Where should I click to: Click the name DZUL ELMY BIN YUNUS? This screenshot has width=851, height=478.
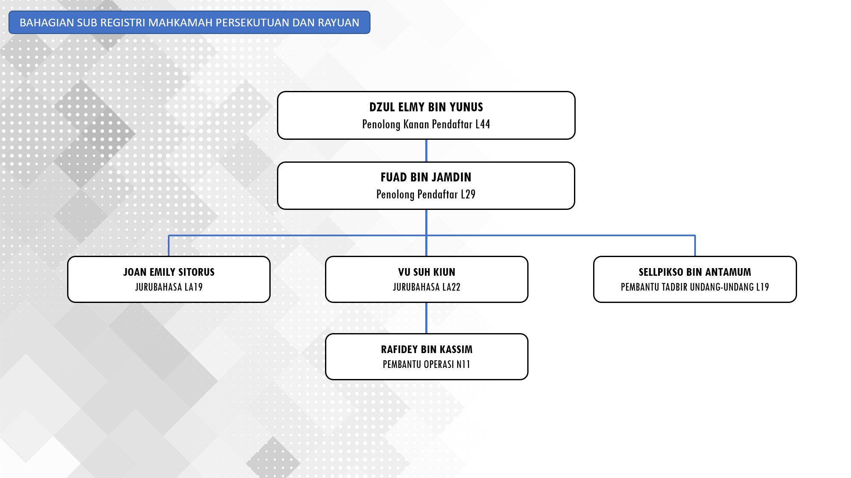click(426, 107)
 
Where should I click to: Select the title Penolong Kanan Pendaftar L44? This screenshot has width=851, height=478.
click(426, 124)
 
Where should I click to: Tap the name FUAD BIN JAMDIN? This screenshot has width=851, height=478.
click(426, 177)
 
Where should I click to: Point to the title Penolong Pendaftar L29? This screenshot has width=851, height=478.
click(426, 195)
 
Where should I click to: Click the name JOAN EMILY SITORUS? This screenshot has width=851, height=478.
click(169, 272)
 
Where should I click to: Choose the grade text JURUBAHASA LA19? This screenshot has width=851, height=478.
click(169, 287)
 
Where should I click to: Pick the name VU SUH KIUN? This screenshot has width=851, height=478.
click(427, 272)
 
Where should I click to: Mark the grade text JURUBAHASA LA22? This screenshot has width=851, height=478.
click(427, 287)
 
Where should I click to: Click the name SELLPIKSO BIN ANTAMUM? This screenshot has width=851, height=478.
click(695, 272)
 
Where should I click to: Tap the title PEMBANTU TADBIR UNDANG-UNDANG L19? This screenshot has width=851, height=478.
click(695, 287)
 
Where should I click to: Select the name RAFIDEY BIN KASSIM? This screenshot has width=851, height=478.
click(427, 349)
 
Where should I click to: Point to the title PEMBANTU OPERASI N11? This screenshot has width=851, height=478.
click(427, 365)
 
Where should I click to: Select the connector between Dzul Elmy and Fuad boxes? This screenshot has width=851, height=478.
click(426, 150)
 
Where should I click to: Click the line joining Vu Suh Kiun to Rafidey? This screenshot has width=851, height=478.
click(426, 318)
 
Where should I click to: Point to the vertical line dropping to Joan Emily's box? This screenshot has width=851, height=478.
click(169, 246)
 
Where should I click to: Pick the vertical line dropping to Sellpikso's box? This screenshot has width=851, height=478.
click(695, 246)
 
